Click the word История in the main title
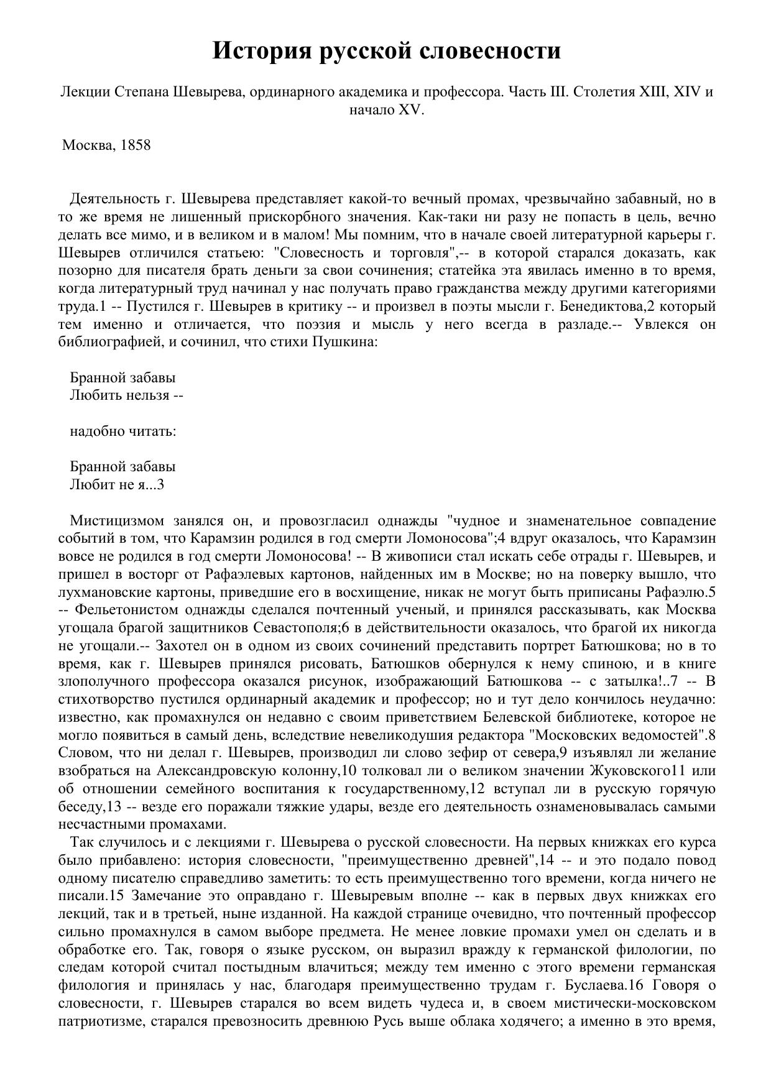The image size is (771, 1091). point(261,50)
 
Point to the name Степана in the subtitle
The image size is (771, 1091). point(142,92)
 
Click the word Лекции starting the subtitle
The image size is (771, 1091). point(82,92)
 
